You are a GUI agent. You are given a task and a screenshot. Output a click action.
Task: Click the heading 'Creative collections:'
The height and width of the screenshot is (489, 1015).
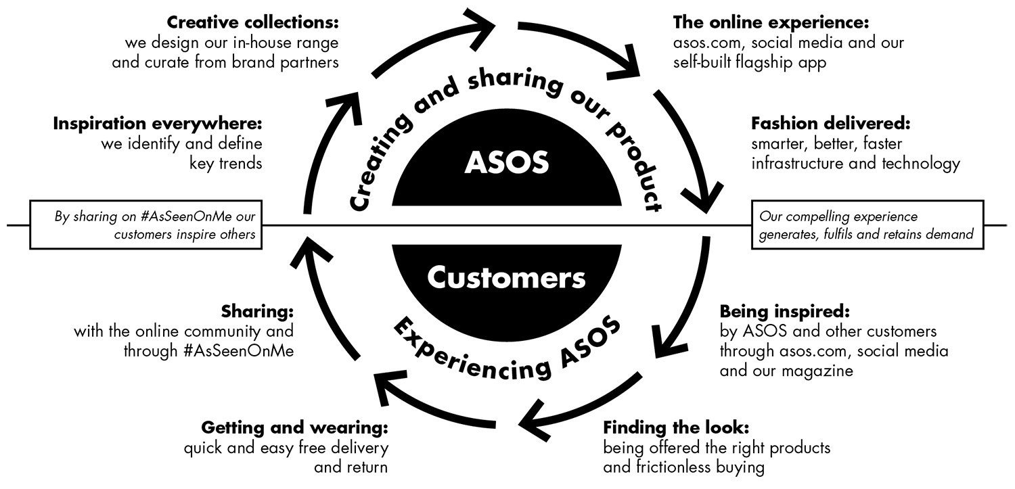tap(252, 23)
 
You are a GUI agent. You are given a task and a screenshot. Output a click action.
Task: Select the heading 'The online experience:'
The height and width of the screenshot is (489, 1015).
tap(770, 23)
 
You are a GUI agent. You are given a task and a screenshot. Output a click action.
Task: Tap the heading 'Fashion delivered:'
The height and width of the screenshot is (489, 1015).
tap(831, 124)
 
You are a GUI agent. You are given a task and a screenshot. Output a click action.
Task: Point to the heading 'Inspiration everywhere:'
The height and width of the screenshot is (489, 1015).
tap(158, 124)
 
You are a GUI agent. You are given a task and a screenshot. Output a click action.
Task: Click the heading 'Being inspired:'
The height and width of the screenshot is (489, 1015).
tap(784, 312)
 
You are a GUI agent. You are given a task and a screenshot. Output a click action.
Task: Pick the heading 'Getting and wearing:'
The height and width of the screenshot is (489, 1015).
tap(295, 428)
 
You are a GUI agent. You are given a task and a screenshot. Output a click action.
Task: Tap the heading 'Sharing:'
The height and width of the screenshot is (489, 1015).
tap(258, 312)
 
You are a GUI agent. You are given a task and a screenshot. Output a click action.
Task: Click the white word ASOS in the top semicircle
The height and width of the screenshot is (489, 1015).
tap(507, 163)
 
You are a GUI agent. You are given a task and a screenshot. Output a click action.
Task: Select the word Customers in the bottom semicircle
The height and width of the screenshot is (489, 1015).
tap(506, 278)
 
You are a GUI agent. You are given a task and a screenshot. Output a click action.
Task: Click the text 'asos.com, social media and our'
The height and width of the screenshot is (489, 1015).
tap(788, 43)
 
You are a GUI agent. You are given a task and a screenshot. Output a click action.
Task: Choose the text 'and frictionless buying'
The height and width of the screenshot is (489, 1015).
tap(684, 467)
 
